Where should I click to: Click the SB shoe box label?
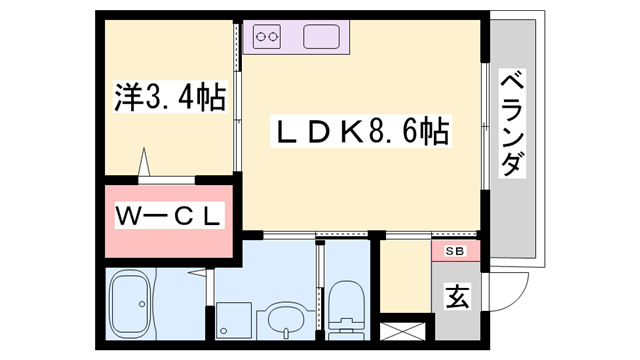pyautogui.click(x=455, y=250)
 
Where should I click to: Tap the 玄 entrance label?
pyautogui.click(x=457, y=296)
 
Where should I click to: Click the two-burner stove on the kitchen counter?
pyautogui.click(x=267, y=38)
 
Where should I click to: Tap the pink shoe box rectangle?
pyautogui.click(x=455, y=250)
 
